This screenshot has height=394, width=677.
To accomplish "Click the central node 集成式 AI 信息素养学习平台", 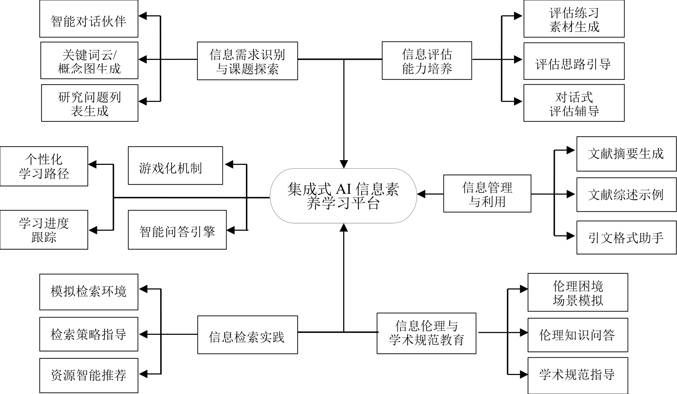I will [343, 196].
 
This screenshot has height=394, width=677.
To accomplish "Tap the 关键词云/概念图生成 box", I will [89, 61].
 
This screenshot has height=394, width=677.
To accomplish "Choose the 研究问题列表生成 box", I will [90, 103].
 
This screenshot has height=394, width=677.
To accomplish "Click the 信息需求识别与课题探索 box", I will [247, 61].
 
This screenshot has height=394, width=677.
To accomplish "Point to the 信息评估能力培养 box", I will [427, 61].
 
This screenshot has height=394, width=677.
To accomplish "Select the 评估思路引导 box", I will [574, 61].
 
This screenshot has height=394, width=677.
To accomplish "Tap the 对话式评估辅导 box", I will [574, 103].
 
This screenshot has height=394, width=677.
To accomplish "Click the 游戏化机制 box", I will [175, 166].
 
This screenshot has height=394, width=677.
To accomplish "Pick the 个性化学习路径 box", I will [44, 166].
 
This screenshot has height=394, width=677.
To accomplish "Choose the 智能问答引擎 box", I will [177, 230].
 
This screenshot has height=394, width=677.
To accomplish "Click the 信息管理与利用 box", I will [487, 193].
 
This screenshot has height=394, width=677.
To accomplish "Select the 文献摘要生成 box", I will [626, 154].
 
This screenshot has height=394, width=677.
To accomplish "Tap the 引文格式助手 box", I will [626, 237].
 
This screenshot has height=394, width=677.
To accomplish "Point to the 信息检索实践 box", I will [247, 335].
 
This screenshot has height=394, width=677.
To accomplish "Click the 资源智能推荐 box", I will [89, 375].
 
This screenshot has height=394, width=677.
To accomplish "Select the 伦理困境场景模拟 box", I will [577, 292].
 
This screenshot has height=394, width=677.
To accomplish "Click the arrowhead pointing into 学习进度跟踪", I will [93, 230].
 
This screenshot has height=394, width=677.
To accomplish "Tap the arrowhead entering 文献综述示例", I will [571, 194].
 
